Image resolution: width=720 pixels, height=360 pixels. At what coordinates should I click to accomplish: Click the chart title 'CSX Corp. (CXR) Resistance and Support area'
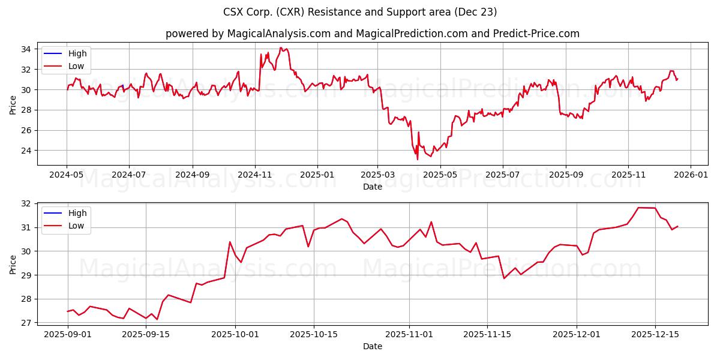(x=360, y=12)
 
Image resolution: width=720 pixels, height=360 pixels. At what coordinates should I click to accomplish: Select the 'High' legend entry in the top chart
(x=77, y=53)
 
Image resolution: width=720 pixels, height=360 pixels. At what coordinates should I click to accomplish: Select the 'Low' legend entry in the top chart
(x=76, y=66)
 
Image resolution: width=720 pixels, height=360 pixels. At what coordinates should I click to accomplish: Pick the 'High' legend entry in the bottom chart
(x=77, y=213)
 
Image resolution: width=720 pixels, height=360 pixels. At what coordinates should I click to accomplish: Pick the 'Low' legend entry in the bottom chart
(x=76, y=226)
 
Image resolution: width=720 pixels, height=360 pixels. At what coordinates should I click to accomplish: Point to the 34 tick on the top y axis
(x=28, y=49)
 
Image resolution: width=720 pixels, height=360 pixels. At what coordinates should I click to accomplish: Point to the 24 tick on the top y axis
(x=28, y=151)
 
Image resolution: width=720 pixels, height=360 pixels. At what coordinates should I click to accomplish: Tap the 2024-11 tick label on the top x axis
(x=255, y=175)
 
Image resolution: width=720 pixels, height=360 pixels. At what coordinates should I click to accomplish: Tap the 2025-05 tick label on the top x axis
(x=440, y=175)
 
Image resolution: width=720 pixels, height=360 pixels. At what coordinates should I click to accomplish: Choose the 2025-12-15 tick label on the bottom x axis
(x=655, y=335)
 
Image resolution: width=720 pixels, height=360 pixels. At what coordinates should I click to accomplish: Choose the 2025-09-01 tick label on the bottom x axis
(x=67, y=335)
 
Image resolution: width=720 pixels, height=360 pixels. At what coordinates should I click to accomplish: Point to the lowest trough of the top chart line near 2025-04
(x=418, y=159)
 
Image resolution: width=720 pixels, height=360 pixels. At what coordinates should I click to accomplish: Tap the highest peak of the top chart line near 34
(x=281, y=48)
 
